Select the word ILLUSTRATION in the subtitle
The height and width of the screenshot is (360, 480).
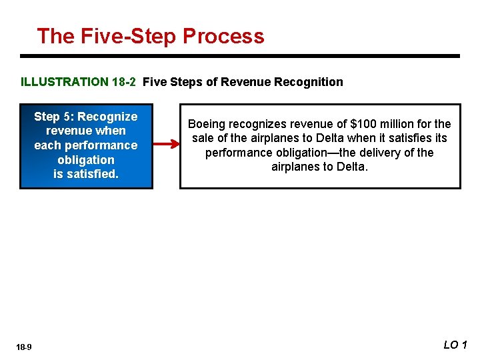(64, 82)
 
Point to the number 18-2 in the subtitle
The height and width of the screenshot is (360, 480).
(123, 82)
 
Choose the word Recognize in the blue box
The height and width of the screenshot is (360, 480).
(107, 117)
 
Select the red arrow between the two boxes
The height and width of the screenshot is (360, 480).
(165, 143)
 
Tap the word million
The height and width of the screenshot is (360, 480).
(398, 124)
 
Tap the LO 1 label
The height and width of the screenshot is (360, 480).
(455, 345)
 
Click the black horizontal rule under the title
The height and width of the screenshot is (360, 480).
(240, 56)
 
